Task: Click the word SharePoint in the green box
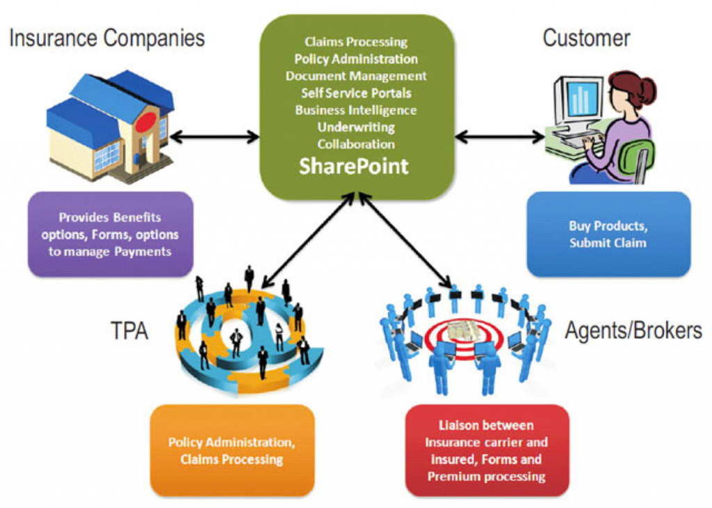tap(354, 167)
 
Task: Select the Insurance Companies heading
tap(107, 38)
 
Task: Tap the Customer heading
tap(586, 38)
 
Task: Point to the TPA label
tap(130, 331)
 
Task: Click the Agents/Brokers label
tap(633, 330)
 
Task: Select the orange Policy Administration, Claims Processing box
tap(232, 450)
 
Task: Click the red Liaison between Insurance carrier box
tap(487, 450)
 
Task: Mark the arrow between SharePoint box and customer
tap(500, 137)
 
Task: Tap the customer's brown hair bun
tap(647, 90)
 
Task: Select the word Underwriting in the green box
tap(356, 127)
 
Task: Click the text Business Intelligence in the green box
tap(356, 110)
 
